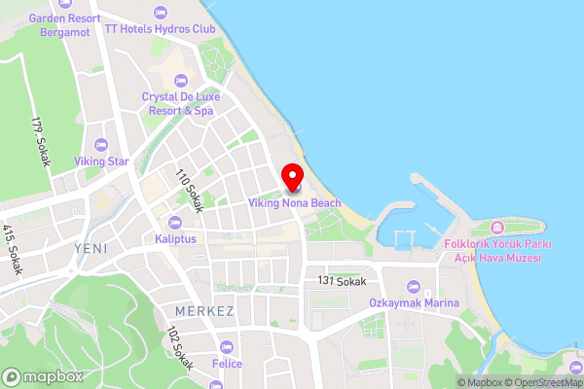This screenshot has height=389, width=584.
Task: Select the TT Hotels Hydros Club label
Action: click(161, 29)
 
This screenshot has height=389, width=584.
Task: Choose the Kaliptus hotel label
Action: click(175, 238)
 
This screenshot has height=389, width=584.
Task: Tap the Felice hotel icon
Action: click(228, 347)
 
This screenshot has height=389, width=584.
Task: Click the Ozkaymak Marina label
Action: click(414, 303)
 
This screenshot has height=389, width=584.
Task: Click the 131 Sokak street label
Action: click(342, 280)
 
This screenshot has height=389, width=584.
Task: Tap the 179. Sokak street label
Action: click(40, 141)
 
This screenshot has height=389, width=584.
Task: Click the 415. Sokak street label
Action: click(11, 249)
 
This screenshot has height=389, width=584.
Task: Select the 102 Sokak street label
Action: click(179, 351)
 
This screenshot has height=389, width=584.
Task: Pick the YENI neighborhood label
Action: click(91, 249)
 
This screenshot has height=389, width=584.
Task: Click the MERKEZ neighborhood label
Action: click(204, 311)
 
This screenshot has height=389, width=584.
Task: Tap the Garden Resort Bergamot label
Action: click(65, 25)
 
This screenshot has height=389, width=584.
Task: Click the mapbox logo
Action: click(41, 376)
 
